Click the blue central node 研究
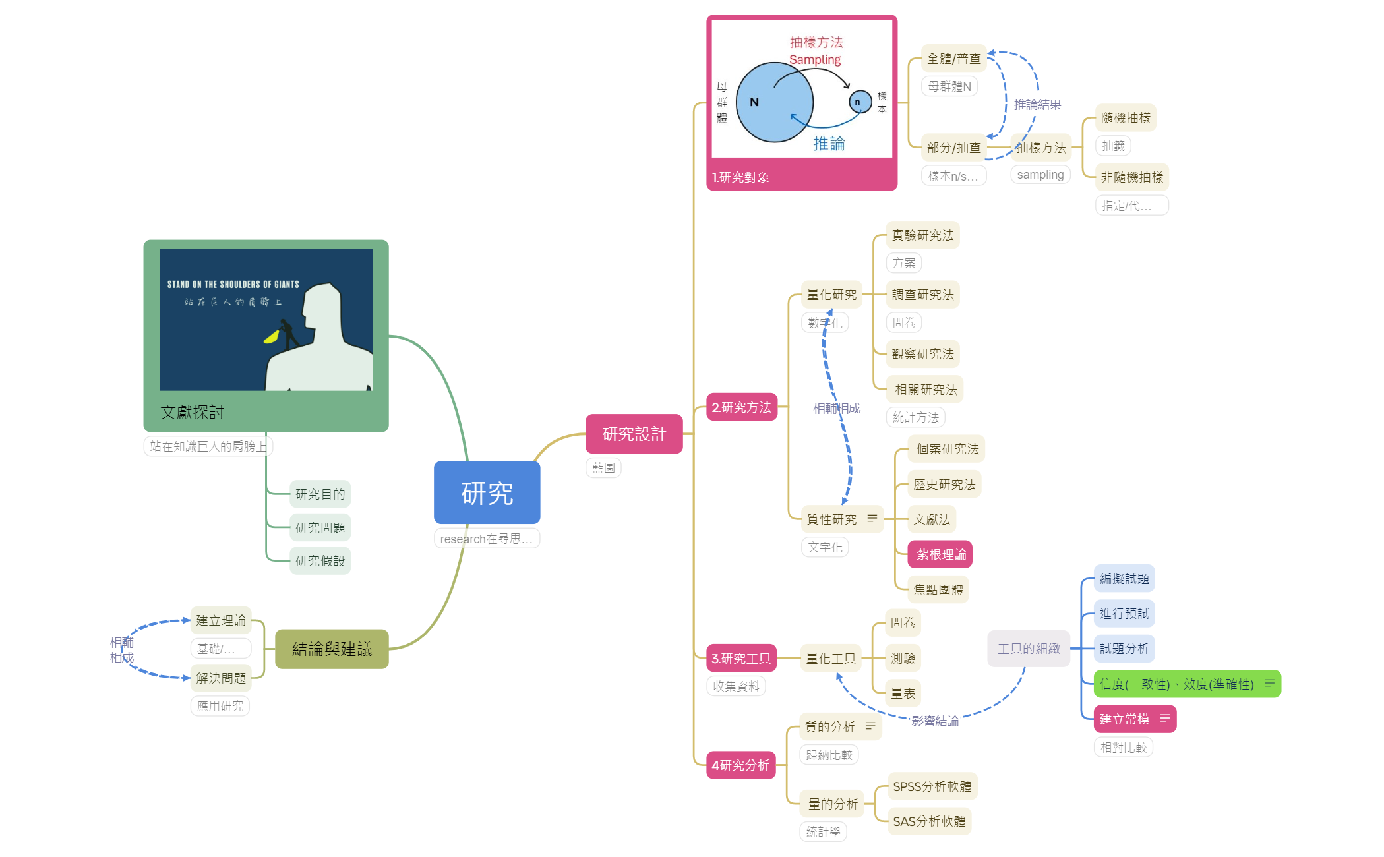(x=487, y=492)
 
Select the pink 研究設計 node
(x=634, y=434)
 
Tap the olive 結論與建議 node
(x=332, y=649)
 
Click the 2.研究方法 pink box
(x=741, y=407)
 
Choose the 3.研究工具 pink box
(x=741, y=658)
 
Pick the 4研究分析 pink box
(x=740, y=765)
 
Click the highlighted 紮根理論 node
(x=940, y=554)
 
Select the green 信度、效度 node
(x=1177, y=684)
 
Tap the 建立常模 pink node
(x=1125, y=719)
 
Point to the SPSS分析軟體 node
(x=932, y=786)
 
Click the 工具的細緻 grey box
(x=1029, y=649)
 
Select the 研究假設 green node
(x=320, y=561)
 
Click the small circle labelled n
(x=859, y=102)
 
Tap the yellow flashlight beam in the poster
(x=271, y=337)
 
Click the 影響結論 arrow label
(x=935, y=721)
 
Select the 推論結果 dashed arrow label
(x=1037, y=105)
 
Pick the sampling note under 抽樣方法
(x=1040, y=175)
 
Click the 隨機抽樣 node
(x=1126, y=118)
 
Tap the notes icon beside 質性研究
(x=872, y=519)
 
